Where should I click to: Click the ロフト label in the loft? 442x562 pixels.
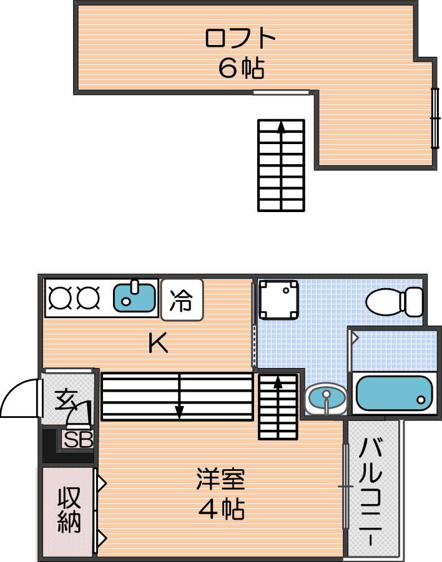240,38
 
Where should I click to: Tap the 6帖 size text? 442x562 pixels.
242,68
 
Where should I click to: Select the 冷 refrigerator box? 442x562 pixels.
182,299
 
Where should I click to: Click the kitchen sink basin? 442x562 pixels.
135,298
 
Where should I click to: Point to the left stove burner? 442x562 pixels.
59,298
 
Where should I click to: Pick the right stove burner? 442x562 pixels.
88,298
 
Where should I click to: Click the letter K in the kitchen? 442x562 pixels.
158,342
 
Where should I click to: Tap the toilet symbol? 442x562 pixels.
394,302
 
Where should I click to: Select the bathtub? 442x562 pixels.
395,393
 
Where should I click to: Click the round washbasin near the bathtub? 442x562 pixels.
326,398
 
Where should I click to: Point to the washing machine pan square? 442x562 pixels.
279,299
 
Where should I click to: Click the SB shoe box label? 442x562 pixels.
79,439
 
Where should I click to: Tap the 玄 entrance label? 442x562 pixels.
67,400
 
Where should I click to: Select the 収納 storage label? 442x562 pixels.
69,510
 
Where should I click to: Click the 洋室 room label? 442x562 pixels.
220,479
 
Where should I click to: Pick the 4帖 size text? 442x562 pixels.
222,508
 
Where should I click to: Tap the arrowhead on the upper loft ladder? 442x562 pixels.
282,127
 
